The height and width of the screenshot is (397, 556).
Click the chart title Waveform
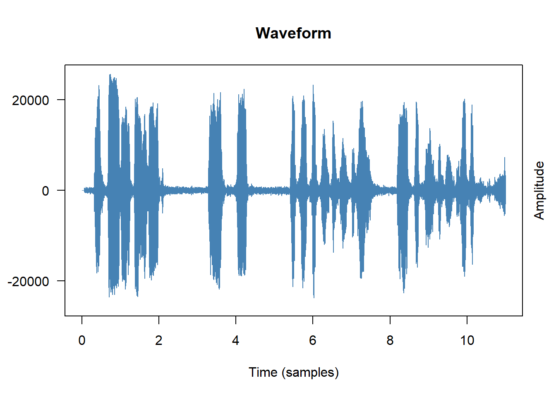pyautogui.click(x=293, y=33)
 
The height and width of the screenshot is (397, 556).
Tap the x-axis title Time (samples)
pyautogui.click(x=293, y=372)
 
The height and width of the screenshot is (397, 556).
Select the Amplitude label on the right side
pyautogui.click(x=539, y=190)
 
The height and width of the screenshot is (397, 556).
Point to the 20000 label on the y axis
pyautogui.click(x=30, y=100)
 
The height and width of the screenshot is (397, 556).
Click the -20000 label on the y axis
pyautogui.click(x=28, y=282)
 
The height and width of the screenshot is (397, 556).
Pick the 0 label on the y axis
pyautogui.click(x=45, y=191)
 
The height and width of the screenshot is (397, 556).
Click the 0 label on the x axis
pyautogui.click(x=82, y=340)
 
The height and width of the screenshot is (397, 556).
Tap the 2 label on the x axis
pyautogui.click(x=159, y=340)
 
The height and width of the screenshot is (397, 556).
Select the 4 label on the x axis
pyautogui.click(x=236, y=340)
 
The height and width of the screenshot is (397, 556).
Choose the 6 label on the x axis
pyautogui.click(x=313, y=340)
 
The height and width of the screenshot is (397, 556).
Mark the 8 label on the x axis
pyautogui.click(x=390, y=340)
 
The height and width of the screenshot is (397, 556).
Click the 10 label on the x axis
pyautogui.click(x=467, y=340)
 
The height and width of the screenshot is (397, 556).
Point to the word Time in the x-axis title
pyautogui.click(x=263, y=372)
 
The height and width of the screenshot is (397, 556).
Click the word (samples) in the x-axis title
pyautogui.click(x=310, y=372)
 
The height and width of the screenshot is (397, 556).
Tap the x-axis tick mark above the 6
pyautogui.click(x=313, y=320)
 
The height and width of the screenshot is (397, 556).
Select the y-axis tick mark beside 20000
pyautogui.click(x=61, y=100)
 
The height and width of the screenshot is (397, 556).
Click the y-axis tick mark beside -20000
pyautogui.click(x=61, y=281)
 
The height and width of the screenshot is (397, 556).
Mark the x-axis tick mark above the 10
pyautogui.click(x=467, y=320)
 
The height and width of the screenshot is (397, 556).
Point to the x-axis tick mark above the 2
pyautogui.click(x=159, y=320)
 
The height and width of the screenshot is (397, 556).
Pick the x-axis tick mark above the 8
pyautogui.click(x=390, y=320)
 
